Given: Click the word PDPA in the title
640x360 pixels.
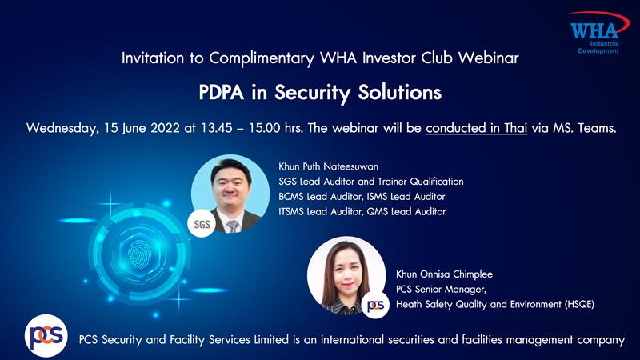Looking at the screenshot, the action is [x=221, y=92].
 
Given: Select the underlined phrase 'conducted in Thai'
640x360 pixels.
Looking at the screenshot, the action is [x=476, y=128].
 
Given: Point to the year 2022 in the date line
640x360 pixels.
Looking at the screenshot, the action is [x=165, y=128].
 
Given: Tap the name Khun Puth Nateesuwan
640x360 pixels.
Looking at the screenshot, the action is [x=328, y=166].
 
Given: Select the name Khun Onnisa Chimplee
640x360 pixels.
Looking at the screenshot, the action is [x=444, y=274].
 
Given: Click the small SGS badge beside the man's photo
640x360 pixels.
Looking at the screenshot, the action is [x=202, y=224].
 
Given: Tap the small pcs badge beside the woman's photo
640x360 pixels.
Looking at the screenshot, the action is [x=375, y=306].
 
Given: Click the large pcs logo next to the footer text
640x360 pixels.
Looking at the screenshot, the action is [x=46, y=336].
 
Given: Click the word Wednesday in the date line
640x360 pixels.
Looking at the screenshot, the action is [x=62, y=129].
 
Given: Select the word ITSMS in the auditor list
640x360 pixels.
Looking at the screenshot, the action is [x=291, y=211].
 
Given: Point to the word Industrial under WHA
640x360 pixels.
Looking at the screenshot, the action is [x=605, y=44].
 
